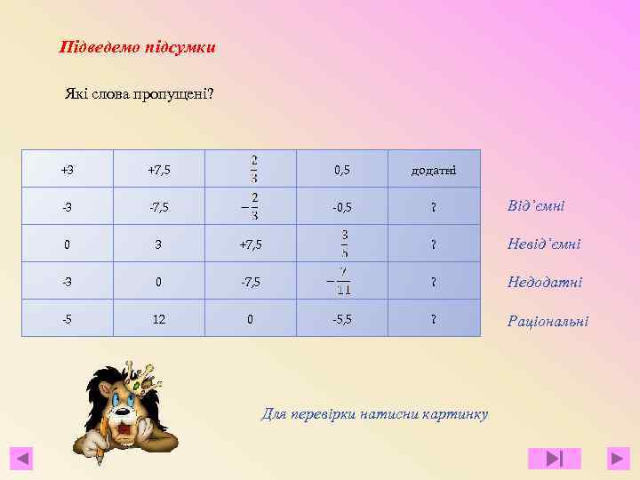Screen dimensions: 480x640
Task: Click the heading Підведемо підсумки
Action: pos(137,46)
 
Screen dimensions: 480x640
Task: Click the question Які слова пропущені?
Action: pos(139,93)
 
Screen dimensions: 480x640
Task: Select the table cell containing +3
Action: pos(68,169)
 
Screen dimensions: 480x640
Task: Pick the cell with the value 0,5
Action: pos(342,169)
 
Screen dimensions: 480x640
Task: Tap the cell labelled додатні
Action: pos(434,169)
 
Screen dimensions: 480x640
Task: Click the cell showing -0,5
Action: pos(342,207)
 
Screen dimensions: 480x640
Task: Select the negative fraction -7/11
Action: pos(342,282)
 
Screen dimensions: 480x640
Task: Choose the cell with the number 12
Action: pos(158,319)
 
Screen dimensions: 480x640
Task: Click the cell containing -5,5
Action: pos(342,319)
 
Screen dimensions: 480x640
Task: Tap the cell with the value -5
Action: pos(68,319)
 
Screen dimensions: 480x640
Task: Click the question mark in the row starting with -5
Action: pos(434,319)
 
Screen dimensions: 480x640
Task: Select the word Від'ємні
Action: pos(536,206)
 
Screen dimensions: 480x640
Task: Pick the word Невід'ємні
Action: pos(544,244)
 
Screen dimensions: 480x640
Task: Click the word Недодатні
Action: pos(545,282)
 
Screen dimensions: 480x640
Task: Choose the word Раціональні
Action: pos(548,321)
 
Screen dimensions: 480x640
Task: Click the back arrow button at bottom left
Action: pos(22,459)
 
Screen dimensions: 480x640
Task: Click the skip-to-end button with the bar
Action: pos(554,459)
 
